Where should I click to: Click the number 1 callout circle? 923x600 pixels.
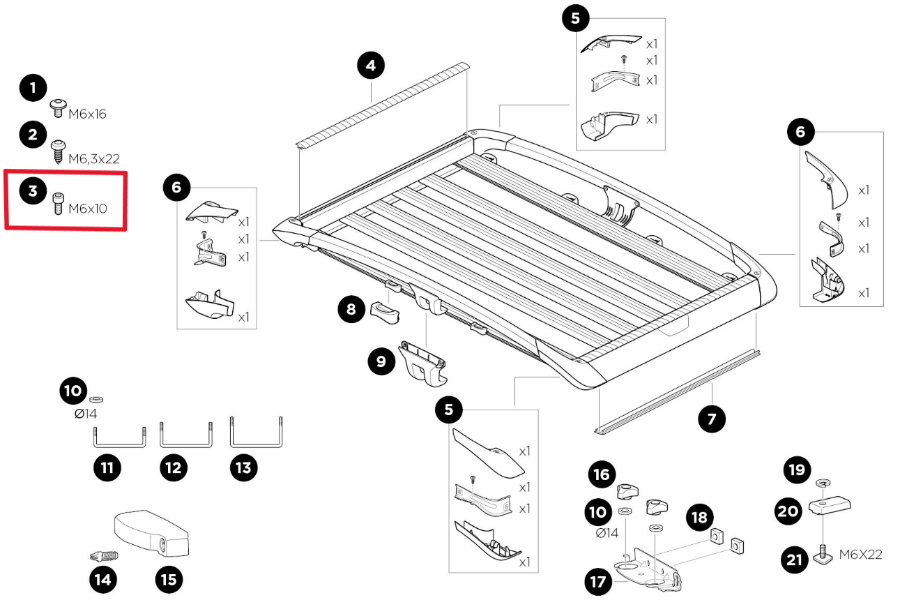(33, 89)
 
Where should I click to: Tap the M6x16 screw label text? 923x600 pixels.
(87, 114)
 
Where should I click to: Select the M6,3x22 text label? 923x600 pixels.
(93, 159)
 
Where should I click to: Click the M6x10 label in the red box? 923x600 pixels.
(87, 208)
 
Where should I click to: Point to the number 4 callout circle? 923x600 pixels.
(370, 66)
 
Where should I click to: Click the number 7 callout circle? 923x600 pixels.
(712, 419)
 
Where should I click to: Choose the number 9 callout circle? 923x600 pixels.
(381, 361)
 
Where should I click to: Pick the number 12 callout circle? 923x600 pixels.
(174, 467)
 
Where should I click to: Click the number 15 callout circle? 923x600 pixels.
(169, 578)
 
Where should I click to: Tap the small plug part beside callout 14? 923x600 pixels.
(104, 556)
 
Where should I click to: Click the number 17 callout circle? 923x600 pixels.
(597, 582)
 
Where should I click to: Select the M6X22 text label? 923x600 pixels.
(860, 555)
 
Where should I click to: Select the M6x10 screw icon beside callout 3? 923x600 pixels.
(58, 204)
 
